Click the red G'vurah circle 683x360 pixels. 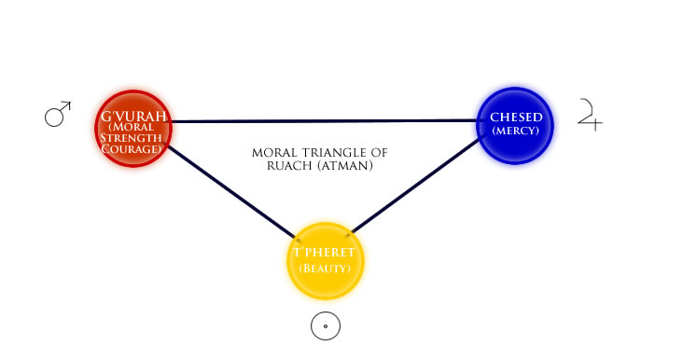click(x=133, y=129)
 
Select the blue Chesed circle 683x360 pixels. click(x=515, y=125)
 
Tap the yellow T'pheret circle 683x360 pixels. click(x=325, y=261)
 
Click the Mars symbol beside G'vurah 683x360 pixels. click(x=58, y=114)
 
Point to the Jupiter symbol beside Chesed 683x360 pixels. click(x=590, y=115)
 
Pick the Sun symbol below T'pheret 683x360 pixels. click(x=326, y=326)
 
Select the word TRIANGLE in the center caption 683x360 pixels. click(x=334, y=153)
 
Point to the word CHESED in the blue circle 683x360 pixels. click(x=516, y=118)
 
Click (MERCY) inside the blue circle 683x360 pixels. click(x=516, y=131)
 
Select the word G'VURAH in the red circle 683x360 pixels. click(x=133, y=117)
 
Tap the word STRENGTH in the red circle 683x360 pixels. click(x=131, y=138)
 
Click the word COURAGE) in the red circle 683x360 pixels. click(x=132, y=149)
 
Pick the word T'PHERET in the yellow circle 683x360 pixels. click(x=324, y=253)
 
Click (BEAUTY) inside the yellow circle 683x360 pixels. click(x=325, y=269)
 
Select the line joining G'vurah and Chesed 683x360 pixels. click(x=325, y=120)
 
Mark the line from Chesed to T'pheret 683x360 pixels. click(x=415, y=186)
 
